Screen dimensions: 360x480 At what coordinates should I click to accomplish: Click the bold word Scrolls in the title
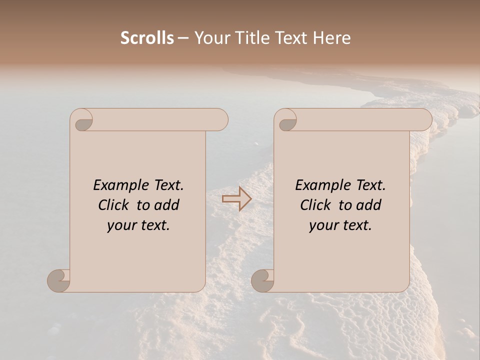pyautogui.click(x=147, y=38)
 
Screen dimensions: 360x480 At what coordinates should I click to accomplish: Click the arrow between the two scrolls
pyautogui.click(x=236, y=198)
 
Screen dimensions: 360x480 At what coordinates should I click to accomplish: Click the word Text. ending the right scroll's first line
pyautogui.click(x=370, y=185)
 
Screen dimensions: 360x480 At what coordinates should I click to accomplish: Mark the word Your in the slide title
pyautogui.click(x=210, y=38)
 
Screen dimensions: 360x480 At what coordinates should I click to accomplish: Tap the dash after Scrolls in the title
pyautogui.click(x=183, y=38)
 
